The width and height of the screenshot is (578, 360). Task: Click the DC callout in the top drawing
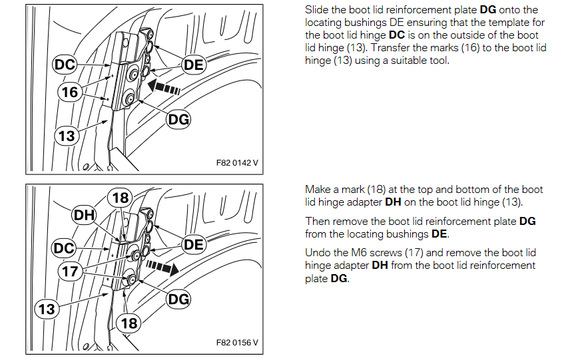(x=65, y=65)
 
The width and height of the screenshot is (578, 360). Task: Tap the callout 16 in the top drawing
(x=70, y=92)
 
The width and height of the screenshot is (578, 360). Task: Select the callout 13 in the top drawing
(x=67, y=136)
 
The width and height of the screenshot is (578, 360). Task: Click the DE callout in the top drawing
(x=194, y=65)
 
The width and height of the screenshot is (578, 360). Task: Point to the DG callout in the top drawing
(x=178, y=119)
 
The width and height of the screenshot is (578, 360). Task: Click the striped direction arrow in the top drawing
(x=164, y=88)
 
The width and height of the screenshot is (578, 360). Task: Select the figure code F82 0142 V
(x=237, y=163)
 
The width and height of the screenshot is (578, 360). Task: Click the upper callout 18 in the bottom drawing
(x=121, y=198)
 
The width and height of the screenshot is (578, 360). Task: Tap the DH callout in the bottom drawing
(x=85, y=215)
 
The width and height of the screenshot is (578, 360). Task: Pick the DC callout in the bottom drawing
(x=64, y=248)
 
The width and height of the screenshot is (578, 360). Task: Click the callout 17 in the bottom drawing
(x=70, y=271)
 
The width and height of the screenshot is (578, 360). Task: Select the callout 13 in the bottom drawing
(x=47, y=309)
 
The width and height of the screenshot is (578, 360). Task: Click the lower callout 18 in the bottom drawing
(x=129, y=323)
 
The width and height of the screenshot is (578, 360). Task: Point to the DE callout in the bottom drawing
(x=194, y=244)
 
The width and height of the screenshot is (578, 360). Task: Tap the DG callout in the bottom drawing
(x=178, y=299)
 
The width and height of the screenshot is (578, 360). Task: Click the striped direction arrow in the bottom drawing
(x=162, y=267)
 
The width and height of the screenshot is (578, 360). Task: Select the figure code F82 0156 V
(x=237, y=343)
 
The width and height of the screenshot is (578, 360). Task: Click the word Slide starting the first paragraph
(x=317, y=9)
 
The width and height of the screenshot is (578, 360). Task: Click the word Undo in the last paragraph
(x=317, y=253)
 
